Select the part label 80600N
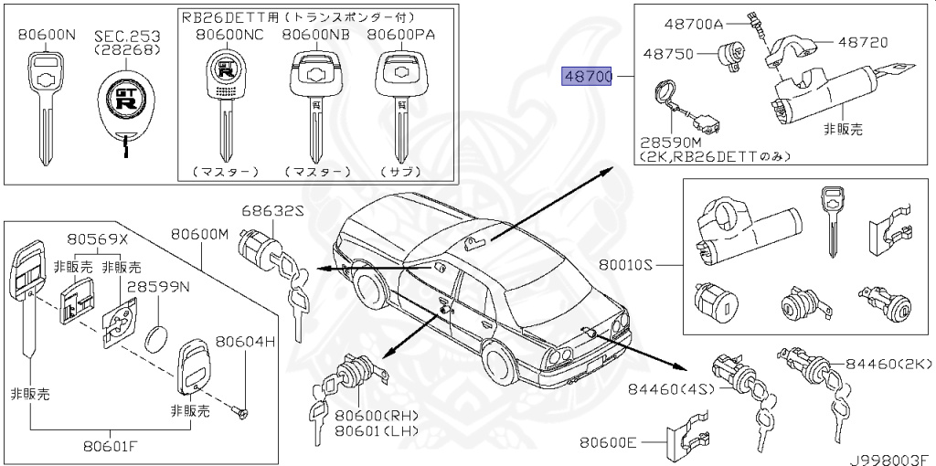46,35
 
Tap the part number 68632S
272,211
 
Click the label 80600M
199,235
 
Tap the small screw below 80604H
238,412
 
